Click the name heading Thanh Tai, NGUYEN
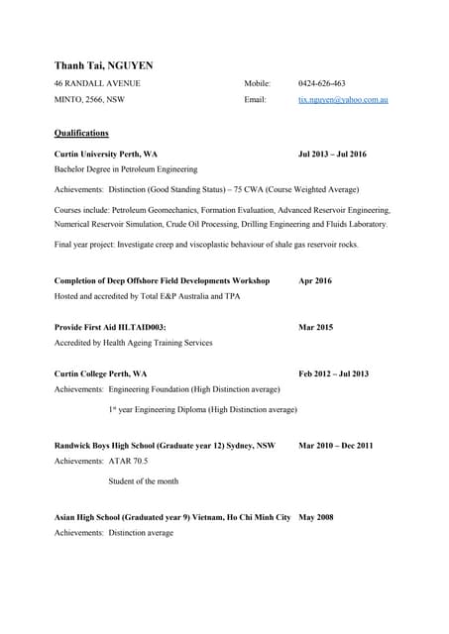[103, 65]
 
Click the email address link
[343, 101]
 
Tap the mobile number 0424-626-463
[322, 83]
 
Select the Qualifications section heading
[81, 133]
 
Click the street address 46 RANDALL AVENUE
[97, 83]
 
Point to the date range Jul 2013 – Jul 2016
[332, 155]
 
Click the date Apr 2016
[315, 281]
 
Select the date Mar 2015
[316, 327]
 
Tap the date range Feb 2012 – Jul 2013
[333, 373]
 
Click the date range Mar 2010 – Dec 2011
[336, 446]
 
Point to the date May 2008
[316, 517]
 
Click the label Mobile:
[257, 83]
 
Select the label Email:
[255, 101]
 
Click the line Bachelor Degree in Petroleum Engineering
[126, 170]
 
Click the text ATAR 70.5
[129, 462]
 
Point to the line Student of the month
[143, 481]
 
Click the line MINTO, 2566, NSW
[89, 101]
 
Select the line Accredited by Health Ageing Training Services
[133, 343]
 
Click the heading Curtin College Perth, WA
[100, 373]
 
